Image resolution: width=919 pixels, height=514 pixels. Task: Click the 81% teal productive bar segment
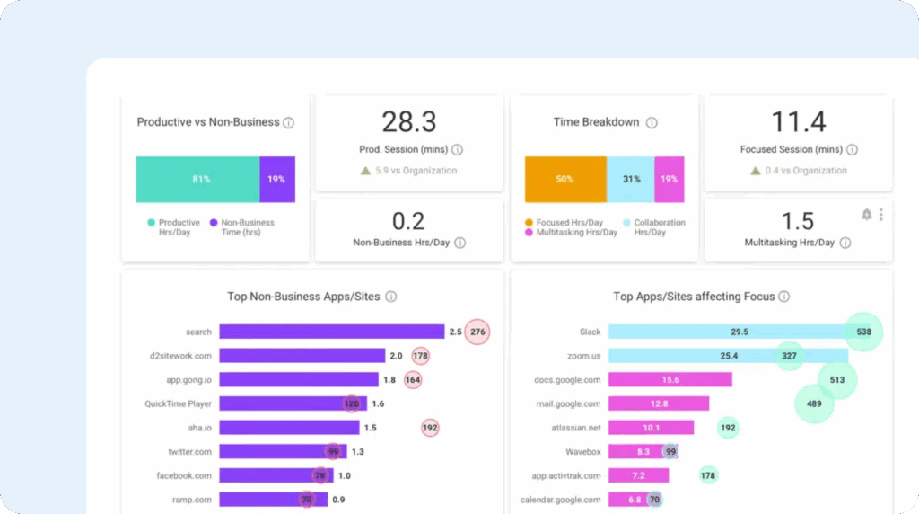tap(197, 179)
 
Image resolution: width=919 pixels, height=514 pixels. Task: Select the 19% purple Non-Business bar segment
tap(277, 179)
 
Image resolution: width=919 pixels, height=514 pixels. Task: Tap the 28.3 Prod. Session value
tap(408, 122)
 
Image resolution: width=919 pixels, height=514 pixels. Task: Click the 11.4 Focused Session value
tap(798, 122)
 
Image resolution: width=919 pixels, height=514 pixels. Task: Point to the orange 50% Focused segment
tap(565, 179)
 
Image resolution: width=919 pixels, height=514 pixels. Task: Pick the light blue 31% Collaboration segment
tap(630, 179)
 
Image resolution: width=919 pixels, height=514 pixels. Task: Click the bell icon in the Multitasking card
tap(866, 214)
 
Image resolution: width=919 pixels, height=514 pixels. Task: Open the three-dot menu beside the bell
tap(881, 214)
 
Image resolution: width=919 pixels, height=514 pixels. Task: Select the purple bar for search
tap(331, 332)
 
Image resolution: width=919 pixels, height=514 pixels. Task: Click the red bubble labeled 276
tap(477, 332)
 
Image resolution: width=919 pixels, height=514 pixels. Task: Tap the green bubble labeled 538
tap(864, 332)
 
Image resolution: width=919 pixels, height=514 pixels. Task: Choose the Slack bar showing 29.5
tap(728, 332)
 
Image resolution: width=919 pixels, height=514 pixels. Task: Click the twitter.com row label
tap(189, 452)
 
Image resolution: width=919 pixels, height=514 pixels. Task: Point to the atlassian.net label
tap(577, 428)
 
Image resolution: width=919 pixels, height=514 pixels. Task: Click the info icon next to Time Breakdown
tap(652, 123)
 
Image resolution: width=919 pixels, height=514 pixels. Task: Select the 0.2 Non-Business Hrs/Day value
tap(408, 221)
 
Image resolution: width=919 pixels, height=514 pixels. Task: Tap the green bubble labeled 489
tap(814, 403)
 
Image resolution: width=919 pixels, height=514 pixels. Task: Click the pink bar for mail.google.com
tap(659, 403)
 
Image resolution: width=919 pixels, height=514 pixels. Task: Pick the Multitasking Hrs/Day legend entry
tap(571, 233)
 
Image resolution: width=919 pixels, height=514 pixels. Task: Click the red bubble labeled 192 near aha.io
tap(430, 428)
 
